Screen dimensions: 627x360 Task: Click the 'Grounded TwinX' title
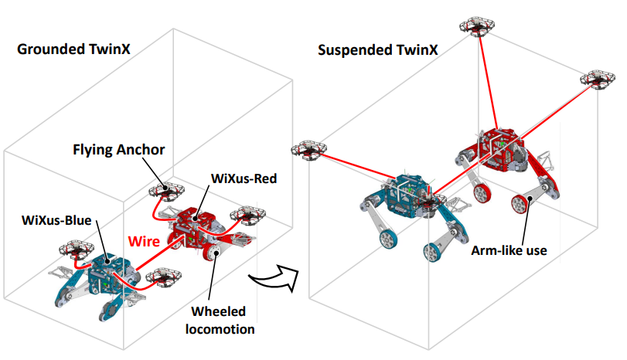(73, 49)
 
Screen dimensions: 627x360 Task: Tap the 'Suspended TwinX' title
(378, 50)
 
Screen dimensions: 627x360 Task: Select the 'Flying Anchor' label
(119, 150)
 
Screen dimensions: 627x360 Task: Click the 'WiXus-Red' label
(244, 178)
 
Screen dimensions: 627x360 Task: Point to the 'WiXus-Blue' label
(56, 220)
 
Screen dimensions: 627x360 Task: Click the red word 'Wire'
(144, 241)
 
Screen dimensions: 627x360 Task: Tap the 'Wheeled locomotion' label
(220, 320)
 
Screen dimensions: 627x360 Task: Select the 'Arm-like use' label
(509, 250)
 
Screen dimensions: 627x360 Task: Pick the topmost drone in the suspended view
(477, 27)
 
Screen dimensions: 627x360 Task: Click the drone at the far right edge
(598, 80)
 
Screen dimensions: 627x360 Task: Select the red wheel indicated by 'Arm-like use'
(520, 204)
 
